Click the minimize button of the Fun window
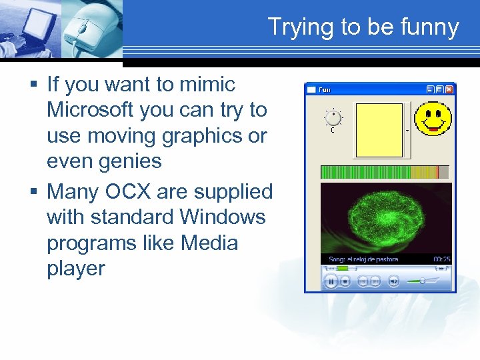[430, 89]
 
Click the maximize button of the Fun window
[439, 89]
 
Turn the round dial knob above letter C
[333, 119]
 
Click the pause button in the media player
[330, 281]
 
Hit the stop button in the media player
[345, 281]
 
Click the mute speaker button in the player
[393, 281]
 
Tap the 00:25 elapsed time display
[441, 259]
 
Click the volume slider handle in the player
[422, 281]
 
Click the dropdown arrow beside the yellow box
[407, 131]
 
